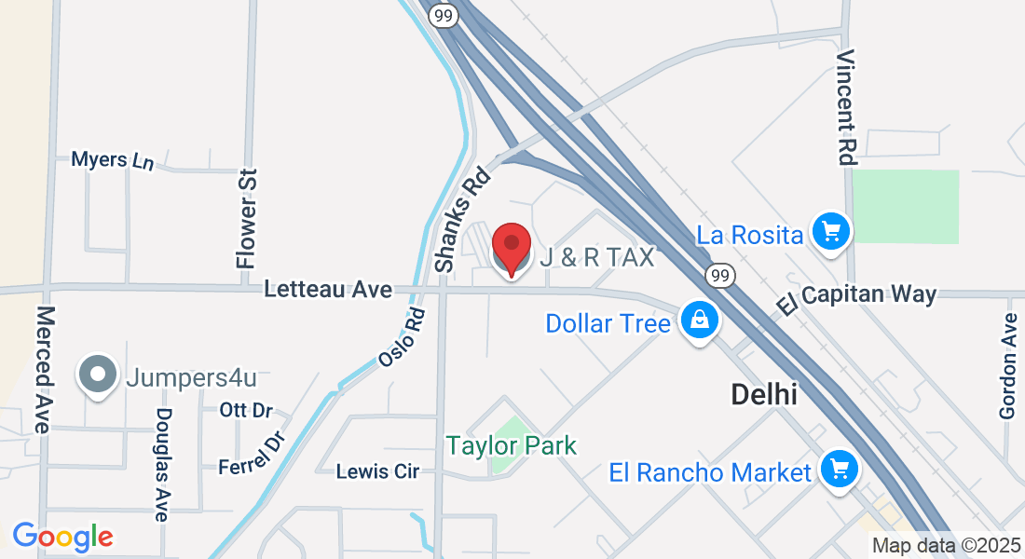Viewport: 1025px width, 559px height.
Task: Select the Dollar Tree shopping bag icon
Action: point(699,320)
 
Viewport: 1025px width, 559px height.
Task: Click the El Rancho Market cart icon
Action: point(839,469)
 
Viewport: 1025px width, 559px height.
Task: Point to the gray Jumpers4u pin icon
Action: point(98,375)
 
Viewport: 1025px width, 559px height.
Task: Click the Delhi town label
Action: point(763,394)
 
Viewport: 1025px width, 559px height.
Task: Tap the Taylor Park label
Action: point(512,445)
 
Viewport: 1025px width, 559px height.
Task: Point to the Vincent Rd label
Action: point(845,107)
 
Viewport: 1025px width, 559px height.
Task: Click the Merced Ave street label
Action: point(42,368)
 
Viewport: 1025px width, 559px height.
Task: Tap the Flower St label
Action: point(247,219)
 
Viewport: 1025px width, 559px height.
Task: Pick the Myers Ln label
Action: point(112,160)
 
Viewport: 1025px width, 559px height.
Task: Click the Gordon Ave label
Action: point(1008,365)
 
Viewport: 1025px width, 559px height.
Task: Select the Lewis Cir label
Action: point(377,471)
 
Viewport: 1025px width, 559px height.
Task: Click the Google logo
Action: point(62,537)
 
